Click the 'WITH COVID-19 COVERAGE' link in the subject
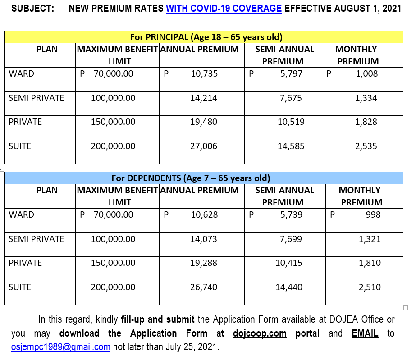pyautogui.click(x=224, y=9)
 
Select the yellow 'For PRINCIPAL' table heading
pyautogui.click(x=206, y=37)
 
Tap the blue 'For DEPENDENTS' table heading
pyautogui.click(x=191, y=178)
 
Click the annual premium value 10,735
pyautogui.click(x=204, y=73)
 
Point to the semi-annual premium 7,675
pyautogui.click(x=291, y=98)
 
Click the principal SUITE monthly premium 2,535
pyautogui.click(x=366, y=146)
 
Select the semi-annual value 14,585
pyautogui.click(x=291, y=146)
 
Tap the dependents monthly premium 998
pyautogui.click(x=373, y=214)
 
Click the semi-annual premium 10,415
pyautogui.click(x=288, y=263)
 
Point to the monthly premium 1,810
pyautogui.click(x=370, y=263)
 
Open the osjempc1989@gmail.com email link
pyautogui.click(x=61, y=347)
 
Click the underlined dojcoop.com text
pyautogui.click(x=260, y=333)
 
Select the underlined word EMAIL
pyautogui.click(x=365, y=333)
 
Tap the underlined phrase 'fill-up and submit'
pyautogui.click(x=158, y=319)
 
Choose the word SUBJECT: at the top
pyautogui.click(x=32, y=9)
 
